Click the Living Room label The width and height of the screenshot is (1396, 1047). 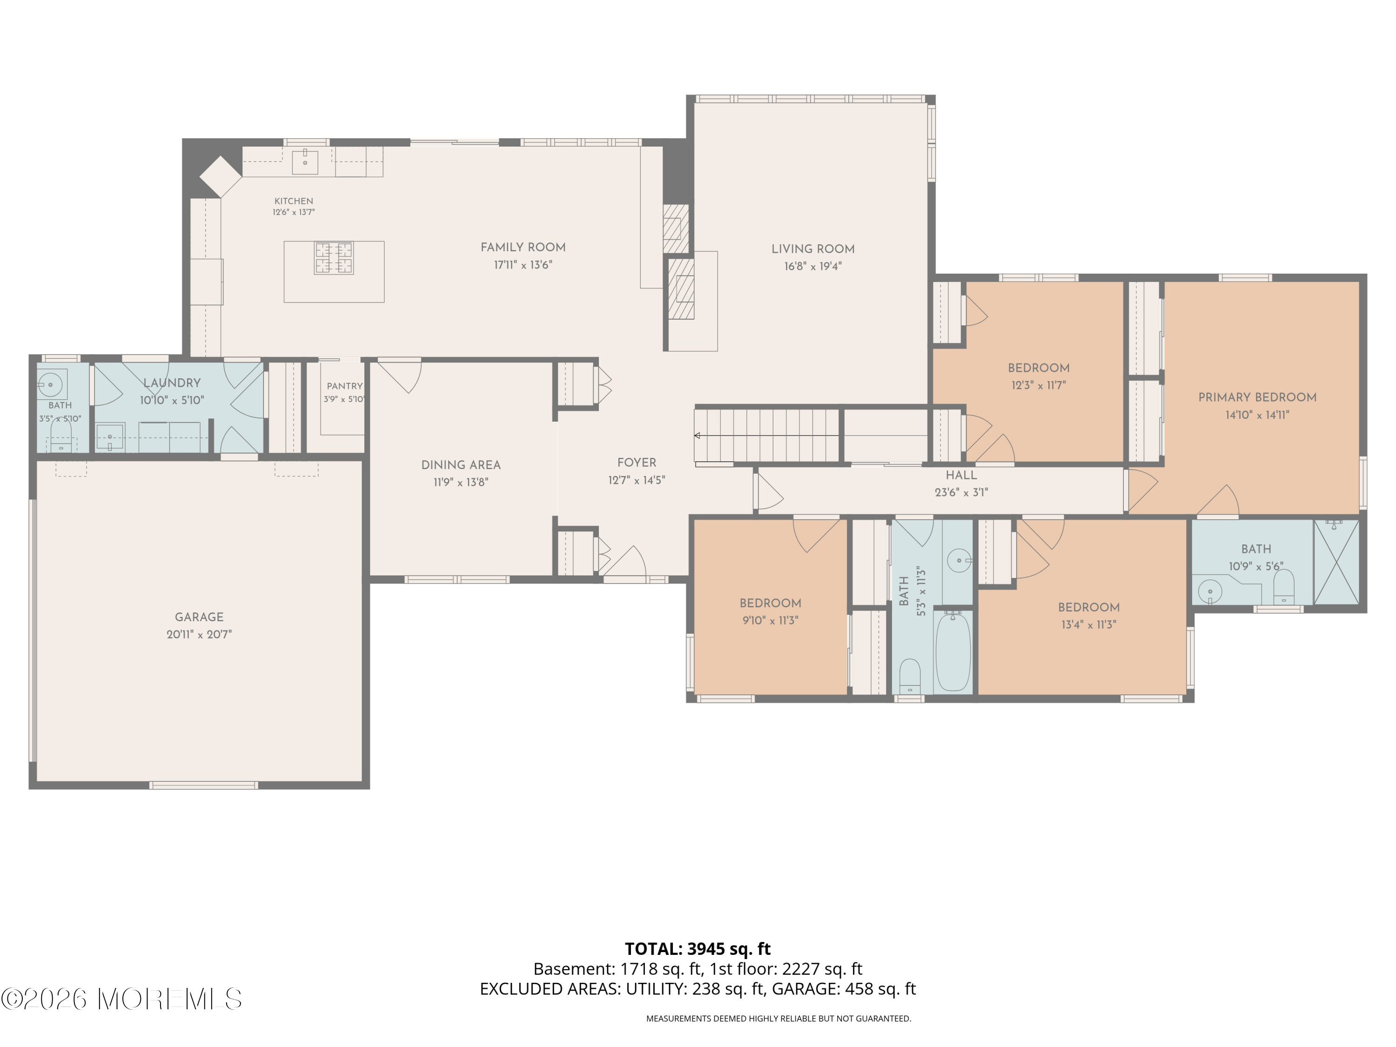point(813,249)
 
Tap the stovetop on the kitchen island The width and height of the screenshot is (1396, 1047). point(334,258)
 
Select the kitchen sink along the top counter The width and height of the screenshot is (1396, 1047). point(305,161)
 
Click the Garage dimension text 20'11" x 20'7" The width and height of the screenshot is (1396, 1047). point(200,634)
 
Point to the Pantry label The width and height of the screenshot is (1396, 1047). point(345,386)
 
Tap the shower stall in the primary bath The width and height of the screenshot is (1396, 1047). point(1336,562)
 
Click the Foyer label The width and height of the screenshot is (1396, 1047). point(637,463)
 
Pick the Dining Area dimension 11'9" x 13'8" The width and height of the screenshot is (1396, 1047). point(461,482)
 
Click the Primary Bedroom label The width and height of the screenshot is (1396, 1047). point(1257,397)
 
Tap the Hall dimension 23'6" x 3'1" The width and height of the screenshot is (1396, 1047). point(961,492)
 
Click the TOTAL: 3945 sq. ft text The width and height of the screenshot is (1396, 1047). point(698,948)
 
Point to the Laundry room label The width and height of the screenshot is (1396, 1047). point(172,383)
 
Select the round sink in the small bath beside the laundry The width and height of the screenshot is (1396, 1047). point(49,383)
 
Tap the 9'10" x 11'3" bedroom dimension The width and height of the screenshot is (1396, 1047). point(770,620)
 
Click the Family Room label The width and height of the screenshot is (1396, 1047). point(523,248)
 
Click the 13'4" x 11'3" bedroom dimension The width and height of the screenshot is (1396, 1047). point(1089,625)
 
